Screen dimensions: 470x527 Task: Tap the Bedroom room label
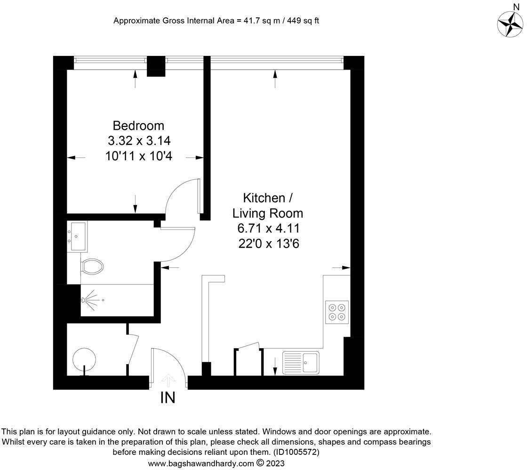[138, 126]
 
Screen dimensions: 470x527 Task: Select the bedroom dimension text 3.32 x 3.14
[138, 141]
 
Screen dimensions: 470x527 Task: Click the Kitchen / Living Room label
[268, 205]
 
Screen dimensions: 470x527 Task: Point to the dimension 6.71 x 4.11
[268, 229]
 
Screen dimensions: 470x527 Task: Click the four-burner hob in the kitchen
[337, 311]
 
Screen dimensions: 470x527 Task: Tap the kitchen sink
[301, 363]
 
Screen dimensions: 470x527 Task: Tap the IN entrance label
[168, 398]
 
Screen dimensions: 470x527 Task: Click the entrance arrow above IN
[168, 379]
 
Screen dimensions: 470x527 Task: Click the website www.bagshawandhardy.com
[201, 463]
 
